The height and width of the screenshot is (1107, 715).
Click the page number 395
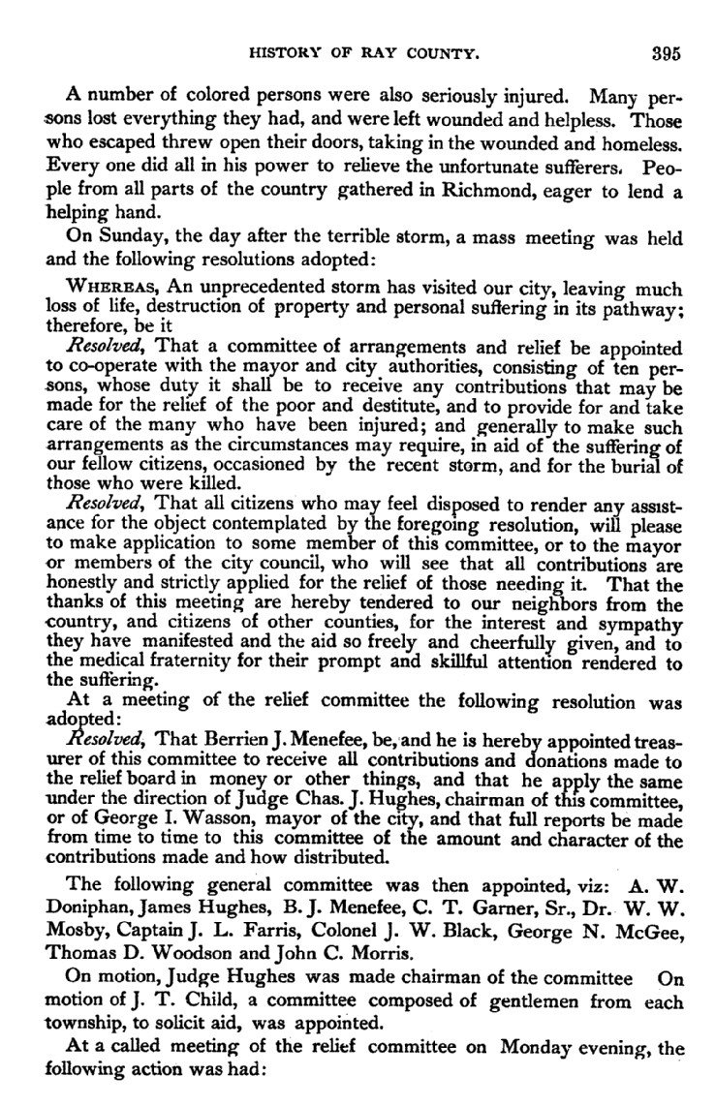(667, 54)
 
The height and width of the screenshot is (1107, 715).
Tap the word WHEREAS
(104, 289)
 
